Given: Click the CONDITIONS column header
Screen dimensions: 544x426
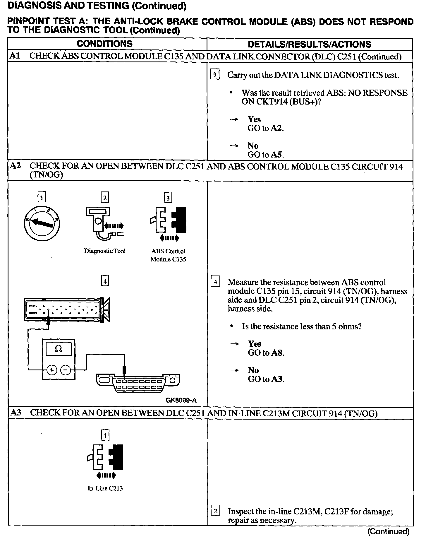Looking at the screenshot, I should (104, 44).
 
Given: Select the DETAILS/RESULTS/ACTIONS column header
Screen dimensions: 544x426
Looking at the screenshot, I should (309, 44).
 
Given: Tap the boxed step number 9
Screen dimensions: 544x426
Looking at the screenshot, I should (215, 75).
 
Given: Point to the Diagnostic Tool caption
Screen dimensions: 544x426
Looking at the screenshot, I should (105, 251).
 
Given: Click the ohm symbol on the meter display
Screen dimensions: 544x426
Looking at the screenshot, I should (59, 349).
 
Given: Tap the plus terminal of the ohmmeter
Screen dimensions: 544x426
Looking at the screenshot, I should (51, 370).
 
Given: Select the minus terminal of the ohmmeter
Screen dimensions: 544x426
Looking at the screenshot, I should (66, 370).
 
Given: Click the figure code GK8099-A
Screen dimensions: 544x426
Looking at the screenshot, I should (181, 400).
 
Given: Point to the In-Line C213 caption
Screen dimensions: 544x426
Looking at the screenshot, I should (105, 488).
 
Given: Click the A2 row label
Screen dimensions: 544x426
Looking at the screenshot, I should (15, 166).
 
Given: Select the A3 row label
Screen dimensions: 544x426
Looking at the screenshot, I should (16, 413).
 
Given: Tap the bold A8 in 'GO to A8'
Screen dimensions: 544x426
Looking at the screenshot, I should (277, 353).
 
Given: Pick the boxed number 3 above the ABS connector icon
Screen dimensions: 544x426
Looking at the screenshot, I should (168, 198).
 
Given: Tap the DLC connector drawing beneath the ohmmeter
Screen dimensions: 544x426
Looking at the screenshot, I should (138, 383).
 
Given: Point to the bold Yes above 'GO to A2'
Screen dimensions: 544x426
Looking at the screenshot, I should (254, 119).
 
